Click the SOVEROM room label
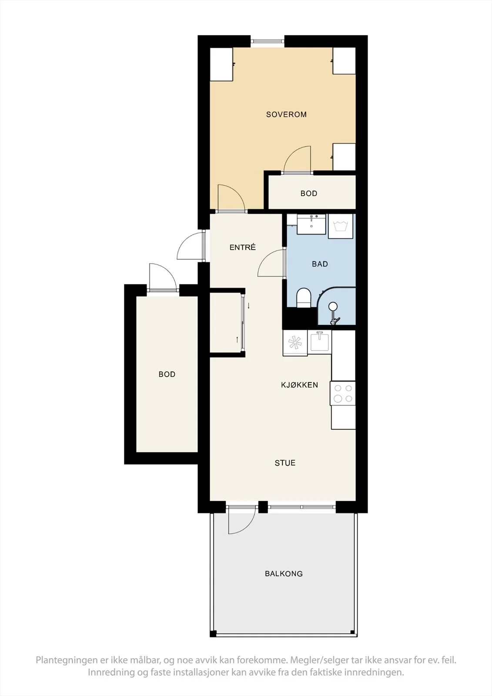tap(286, 114)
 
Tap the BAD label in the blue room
tap(320, 264)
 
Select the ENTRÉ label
tap(242, 248)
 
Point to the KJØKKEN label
tap(299, 385)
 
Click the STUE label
tap(285, 463)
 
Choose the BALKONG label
tap(284, 574)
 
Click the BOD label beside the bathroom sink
tap(308, 193)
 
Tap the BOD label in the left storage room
tap(167, 374)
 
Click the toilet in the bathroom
tap(304, 298)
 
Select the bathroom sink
tap(311, 224)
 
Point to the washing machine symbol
tap(340, 226)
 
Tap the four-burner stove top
tap(343, 393)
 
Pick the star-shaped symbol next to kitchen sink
tap(295, 343)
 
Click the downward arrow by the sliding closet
tap(248, 305)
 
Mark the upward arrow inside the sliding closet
tap(237, 340)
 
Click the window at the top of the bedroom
tap(267, 41)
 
